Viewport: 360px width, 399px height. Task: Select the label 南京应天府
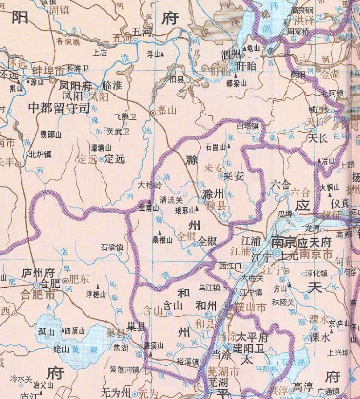301,242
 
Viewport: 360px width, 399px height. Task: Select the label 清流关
171,199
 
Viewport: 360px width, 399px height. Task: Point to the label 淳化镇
317,273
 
